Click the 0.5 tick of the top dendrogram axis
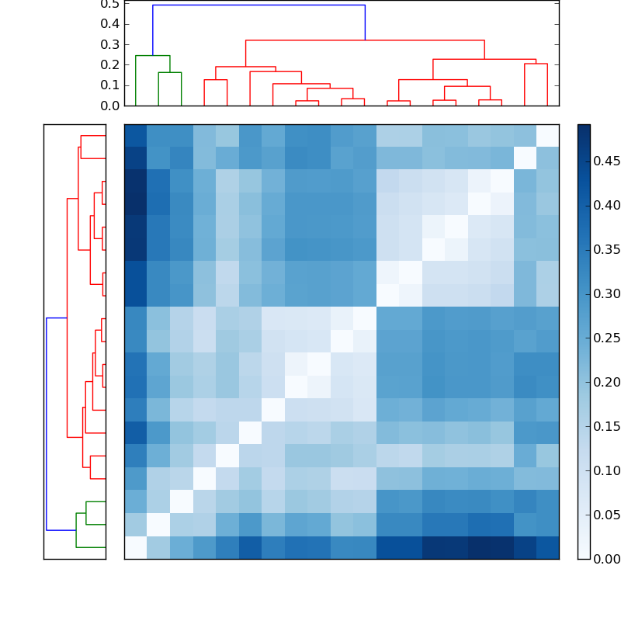pos(110,4)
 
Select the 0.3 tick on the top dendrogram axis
pos(110,44)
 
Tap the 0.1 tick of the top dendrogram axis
pos(110,85)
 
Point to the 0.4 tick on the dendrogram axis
pos(110,24)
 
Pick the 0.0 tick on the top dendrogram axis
pos(110,106)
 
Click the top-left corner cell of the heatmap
pos(136,135)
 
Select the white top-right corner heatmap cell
pos(547,135)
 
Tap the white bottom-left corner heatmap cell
pos(136,547)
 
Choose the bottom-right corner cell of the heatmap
pos(547,547)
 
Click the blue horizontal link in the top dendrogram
pos(258,5)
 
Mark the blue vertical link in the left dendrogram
pos(47,424)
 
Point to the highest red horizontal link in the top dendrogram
pos(365,40)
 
